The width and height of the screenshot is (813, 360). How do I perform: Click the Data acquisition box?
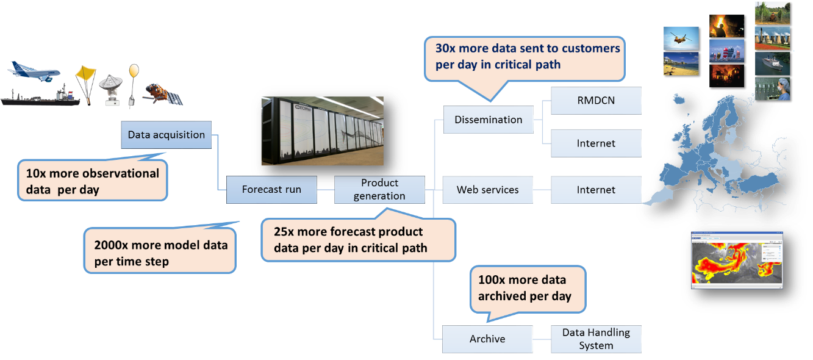[x=167, y=135]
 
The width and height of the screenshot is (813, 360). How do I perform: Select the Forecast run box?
[x=271, y=190]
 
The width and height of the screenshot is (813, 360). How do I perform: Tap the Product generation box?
[x=379, y=189]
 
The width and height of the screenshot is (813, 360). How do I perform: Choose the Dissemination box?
[x=488, y=120]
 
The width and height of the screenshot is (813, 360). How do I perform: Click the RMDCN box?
[x=596, y=101]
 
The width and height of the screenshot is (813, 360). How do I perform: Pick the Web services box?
[x=487, y=190]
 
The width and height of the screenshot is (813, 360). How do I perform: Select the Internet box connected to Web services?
[x=596, y=190]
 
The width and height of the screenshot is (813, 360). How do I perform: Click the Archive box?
[x=487, y=339]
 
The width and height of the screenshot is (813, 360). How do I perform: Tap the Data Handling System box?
[x=596, y=339]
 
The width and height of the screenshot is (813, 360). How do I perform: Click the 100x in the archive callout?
[x=492, y=281]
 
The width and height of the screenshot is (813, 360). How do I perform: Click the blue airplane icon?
[x=34, y=72]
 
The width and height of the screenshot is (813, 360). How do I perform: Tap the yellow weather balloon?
[x=134, y=71]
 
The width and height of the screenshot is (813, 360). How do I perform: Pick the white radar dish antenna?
[x=112, y=88]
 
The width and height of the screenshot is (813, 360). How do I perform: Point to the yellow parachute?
[x=85, y=74]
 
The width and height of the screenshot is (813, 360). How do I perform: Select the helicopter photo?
[x=681, y=38]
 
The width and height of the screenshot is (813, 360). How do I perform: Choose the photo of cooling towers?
[x=772, y=38]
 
